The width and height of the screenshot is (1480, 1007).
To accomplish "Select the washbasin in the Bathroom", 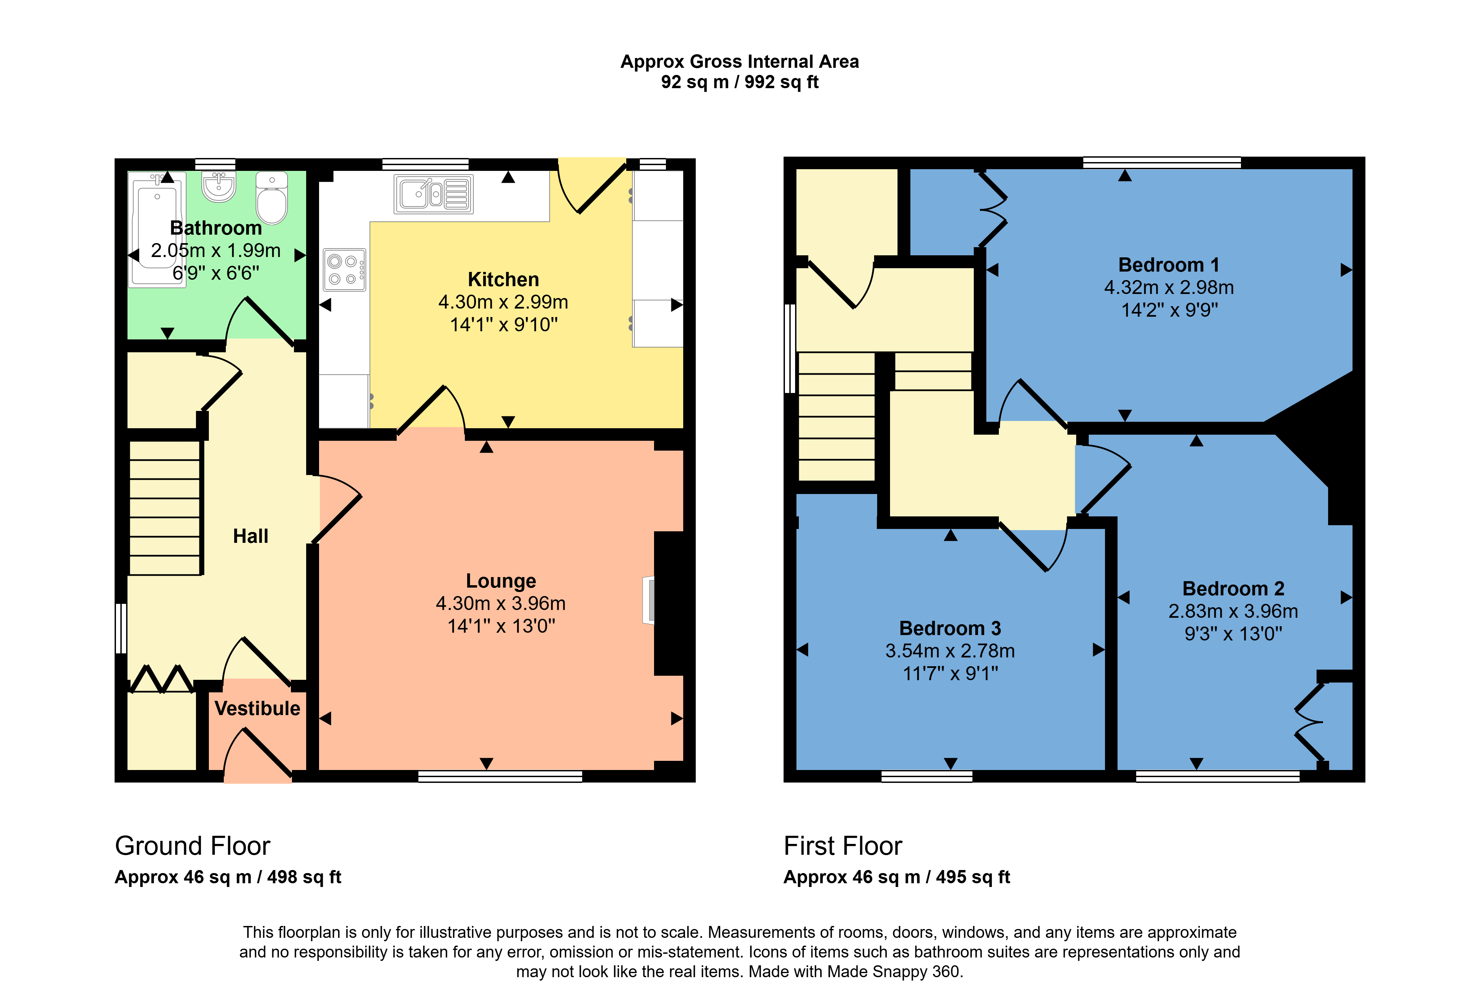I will click(x=218, y=185).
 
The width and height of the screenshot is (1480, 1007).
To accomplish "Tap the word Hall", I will click(x=250, y=536).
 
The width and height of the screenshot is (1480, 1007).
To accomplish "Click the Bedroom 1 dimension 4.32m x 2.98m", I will click(x=1169, y=287).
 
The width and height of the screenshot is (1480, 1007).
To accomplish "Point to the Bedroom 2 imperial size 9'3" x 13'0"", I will click(x=1233, y=634).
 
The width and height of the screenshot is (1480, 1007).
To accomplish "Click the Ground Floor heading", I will click(x=192, y=846).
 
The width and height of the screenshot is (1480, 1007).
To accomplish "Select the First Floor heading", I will click(x=843, y=846).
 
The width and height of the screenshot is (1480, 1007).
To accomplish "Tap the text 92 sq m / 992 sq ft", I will click(x=739, y=82).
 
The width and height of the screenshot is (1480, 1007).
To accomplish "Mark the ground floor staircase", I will click(x=165, y=508).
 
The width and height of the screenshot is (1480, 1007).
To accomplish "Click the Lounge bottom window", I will click(x=500, y=776).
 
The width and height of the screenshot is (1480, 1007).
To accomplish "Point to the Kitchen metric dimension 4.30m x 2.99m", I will click(x=503, y=302).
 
